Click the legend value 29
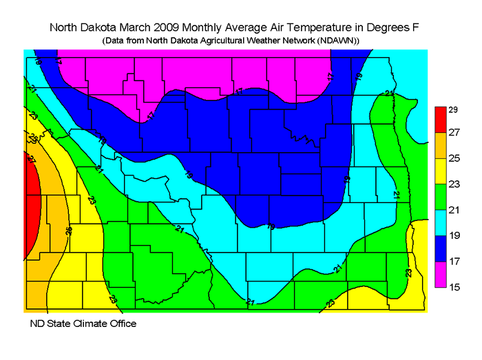point(454,109)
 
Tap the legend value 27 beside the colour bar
point(454,132)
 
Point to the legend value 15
point(454,286)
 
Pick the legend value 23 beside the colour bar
point(454,184)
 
